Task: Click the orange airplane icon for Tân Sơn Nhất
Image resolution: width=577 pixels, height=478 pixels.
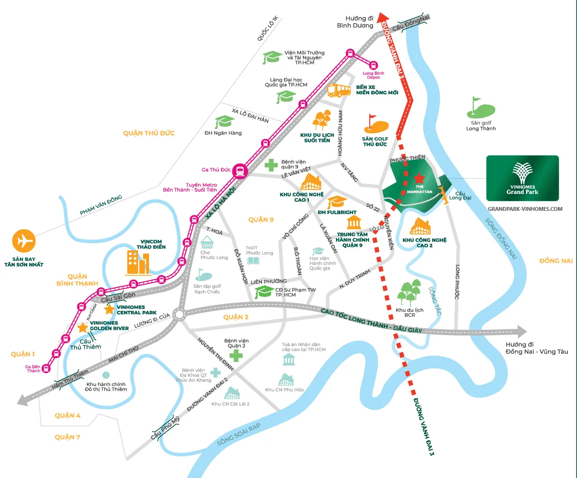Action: [x=24, y=241]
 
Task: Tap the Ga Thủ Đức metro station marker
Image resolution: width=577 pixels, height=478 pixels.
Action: [x=239, y=171]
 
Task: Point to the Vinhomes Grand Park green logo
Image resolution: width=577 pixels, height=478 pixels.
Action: [x=522, y=178]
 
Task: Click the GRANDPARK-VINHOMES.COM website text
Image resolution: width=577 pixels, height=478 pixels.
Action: [x=525, y=209]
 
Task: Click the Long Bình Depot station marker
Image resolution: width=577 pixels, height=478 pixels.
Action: [x=373, y=65]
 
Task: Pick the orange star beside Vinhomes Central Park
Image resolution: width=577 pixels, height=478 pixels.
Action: [x=110, y=309]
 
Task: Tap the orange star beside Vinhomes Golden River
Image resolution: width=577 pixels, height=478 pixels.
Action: [x=83, y=328]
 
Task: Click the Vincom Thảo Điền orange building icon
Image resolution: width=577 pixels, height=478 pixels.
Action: [x=138, y=263]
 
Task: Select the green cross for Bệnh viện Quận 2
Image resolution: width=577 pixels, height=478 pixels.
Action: [x=236, y=356]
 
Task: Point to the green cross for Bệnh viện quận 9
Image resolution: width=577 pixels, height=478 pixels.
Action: [x=271, y=165]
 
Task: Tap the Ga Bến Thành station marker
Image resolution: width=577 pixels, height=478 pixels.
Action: [x=46, y=368]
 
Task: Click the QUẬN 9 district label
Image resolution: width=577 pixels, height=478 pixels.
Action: [x=261, y=220]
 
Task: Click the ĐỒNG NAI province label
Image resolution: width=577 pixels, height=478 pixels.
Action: [x=556, y=260]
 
